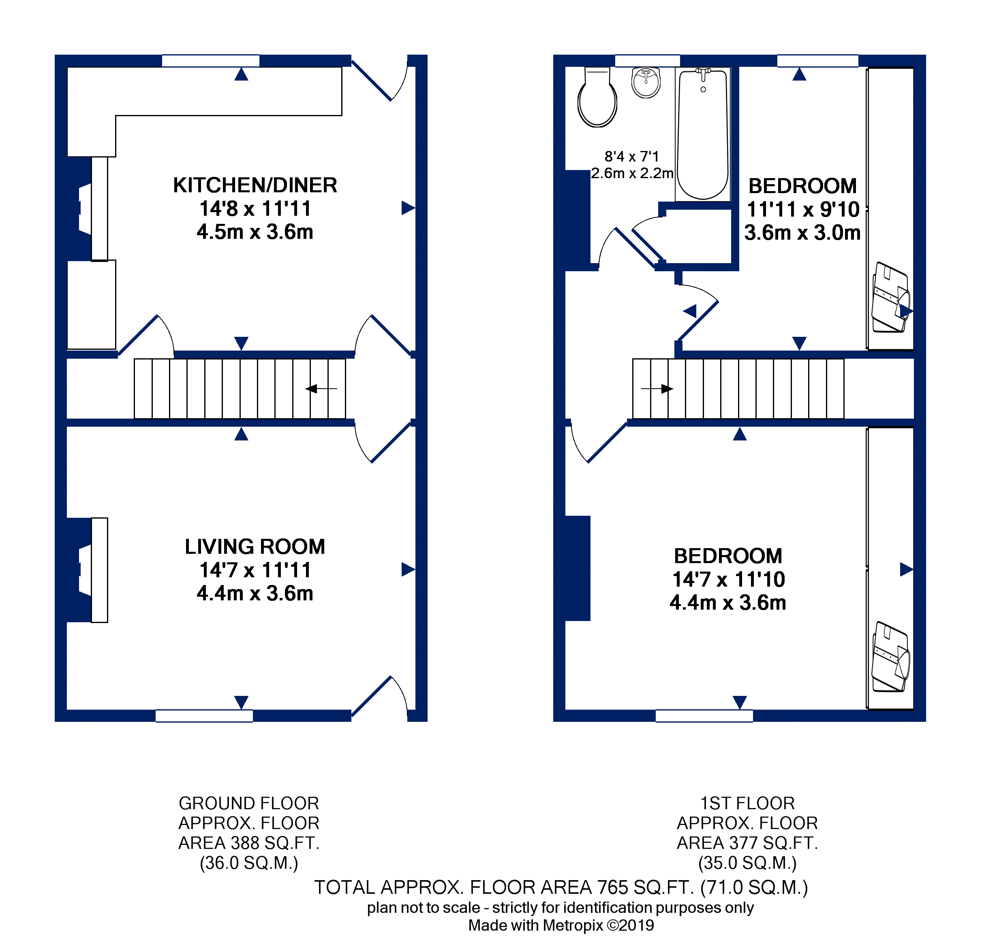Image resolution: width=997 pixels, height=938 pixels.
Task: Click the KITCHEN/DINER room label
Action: click(255, 185)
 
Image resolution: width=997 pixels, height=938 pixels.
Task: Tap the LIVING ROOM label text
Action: click(255, 547)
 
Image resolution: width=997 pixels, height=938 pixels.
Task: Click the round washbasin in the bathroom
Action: click(646, 83)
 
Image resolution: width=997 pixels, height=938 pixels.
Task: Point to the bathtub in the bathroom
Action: click(703, 134)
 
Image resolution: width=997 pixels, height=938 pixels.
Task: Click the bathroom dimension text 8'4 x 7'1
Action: click(631, 157)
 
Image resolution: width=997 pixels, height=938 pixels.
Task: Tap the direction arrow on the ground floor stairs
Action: click(321, 388)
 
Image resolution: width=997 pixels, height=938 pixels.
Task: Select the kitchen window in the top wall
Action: click(211, 61)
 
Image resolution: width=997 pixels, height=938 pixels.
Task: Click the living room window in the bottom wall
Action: click(204, 716)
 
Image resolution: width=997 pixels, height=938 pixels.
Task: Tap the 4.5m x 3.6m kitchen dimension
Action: click(255, 232)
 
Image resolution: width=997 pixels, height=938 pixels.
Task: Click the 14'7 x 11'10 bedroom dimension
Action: click(728, 579)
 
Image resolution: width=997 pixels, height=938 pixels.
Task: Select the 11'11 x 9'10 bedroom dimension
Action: click(803, 209)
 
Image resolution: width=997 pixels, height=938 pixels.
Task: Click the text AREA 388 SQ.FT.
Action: click(249, 843)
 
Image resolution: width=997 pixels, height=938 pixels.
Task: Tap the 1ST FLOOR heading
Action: click(747, 803)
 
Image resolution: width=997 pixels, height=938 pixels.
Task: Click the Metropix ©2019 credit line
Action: click(561, 925)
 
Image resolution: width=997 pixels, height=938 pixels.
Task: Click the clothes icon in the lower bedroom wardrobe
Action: click(891, 657)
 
